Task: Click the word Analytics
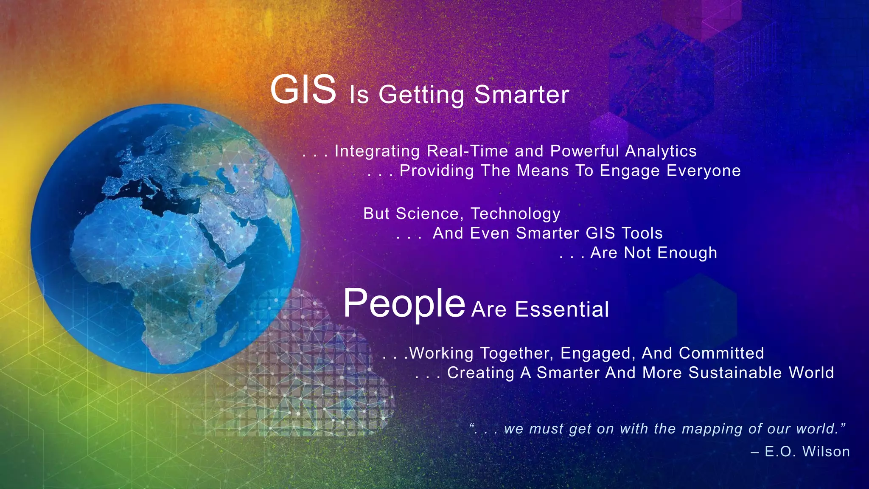661,151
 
